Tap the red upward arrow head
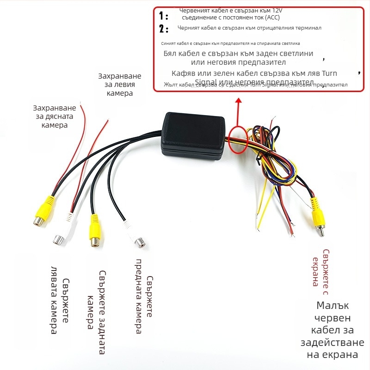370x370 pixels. pyautogui.click(x=239, y=102)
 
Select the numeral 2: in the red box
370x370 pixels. pyautogui.click(x=163, y=29)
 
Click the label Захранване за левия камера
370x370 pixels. pyautogui.click(x=119, y=84)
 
